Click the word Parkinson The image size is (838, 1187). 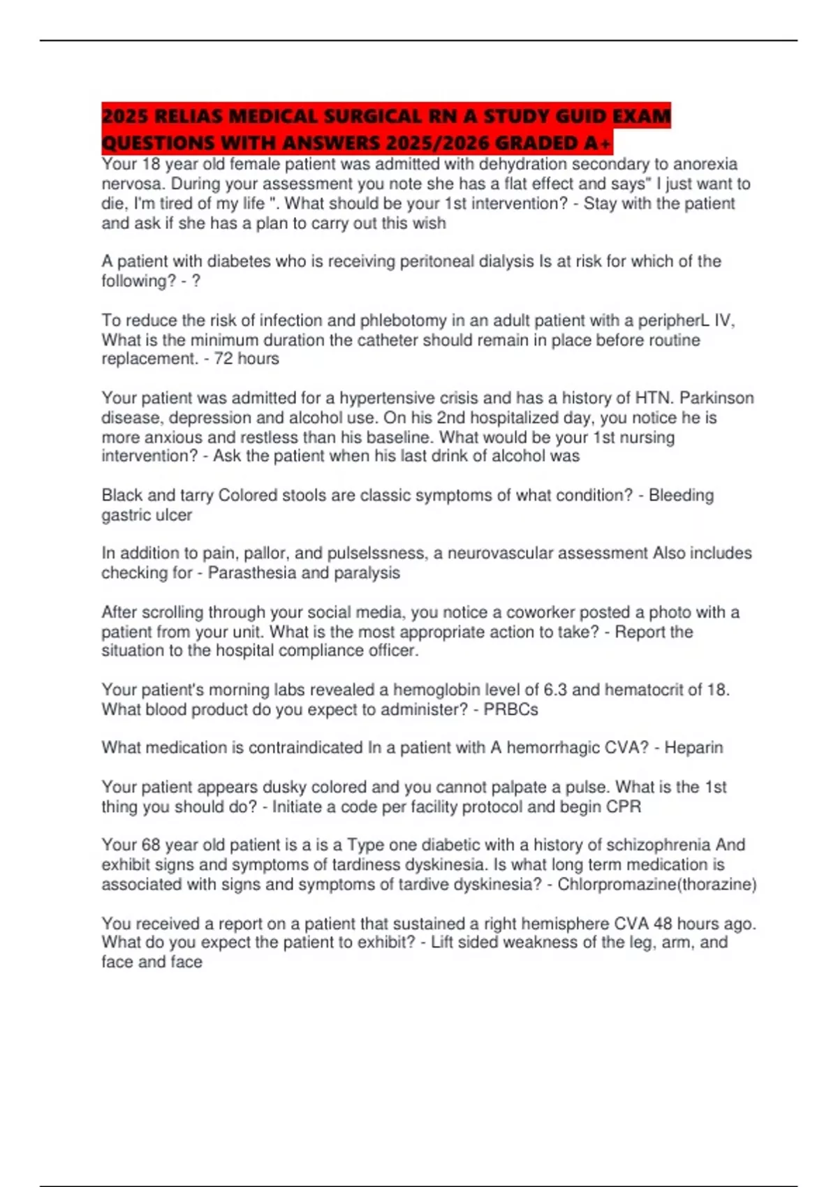717,398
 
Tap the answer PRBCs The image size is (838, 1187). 511,709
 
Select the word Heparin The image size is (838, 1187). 693,748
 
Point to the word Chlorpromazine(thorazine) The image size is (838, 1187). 657,885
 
